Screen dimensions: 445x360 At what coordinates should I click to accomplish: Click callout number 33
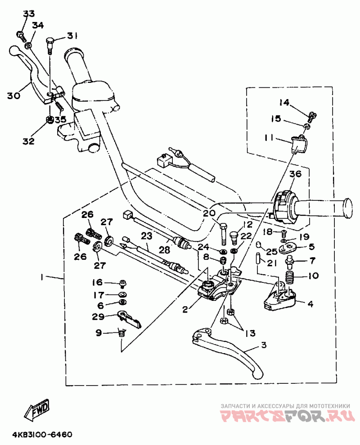(28, 14)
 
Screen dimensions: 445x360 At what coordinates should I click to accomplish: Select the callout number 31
(72, 36)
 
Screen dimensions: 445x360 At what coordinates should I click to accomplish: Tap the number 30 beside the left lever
(14, 95)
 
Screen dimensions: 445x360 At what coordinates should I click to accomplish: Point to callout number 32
(28, 141)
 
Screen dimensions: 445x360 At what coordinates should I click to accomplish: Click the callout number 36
(295, 174)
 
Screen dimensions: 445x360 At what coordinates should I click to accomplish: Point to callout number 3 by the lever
(264, 345)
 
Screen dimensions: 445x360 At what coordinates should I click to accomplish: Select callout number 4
(310, 303)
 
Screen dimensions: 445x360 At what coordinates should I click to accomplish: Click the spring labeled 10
(290, 276)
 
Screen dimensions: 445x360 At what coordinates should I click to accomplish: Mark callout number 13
(250, 333)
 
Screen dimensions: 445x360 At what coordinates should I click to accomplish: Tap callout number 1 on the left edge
(41, 278)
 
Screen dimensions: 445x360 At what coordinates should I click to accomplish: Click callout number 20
(208, 214)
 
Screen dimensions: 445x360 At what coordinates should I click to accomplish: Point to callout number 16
(98, 282)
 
